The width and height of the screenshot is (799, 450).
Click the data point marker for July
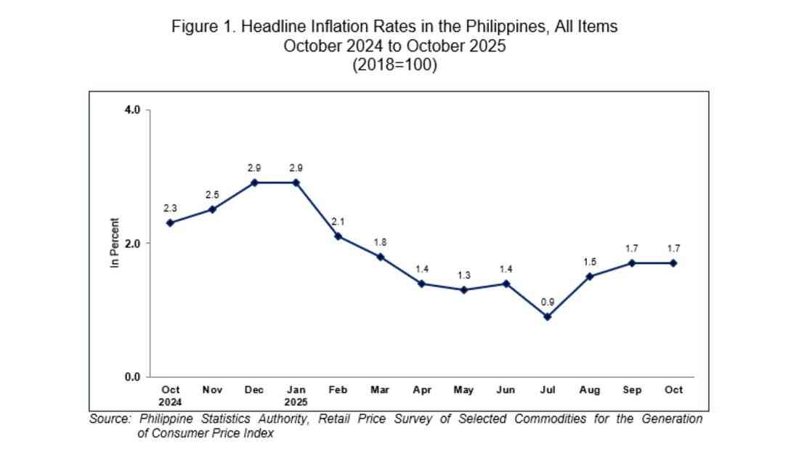(548, 317)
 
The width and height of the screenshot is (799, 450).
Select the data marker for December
(254, 182)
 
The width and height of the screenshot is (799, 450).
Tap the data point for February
(338, 236)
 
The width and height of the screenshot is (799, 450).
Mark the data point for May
(463, 290)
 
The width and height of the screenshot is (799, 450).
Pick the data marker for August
(590, 276)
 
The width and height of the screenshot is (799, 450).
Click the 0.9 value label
(548, 301)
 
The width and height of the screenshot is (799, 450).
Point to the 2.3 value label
(170, 208)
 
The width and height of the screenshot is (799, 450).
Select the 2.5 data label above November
(211, 195)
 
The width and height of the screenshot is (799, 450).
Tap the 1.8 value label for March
(380, 241)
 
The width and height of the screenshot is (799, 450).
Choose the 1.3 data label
(463, 275)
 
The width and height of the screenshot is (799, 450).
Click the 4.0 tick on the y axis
(132, 110)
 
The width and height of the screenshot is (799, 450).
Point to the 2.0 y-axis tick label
(132, 244)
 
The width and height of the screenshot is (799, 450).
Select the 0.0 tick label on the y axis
(132, 377)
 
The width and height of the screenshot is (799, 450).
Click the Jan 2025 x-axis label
(296, 395)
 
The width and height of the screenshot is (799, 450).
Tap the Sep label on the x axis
(632, 390)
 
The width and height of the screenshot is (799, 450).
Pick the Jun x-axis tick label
(506, 390)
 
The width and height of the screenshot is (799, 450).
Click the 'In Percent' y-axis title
(114, 244)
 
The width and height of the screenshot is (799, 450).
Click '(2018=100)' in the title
(394, 65)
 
